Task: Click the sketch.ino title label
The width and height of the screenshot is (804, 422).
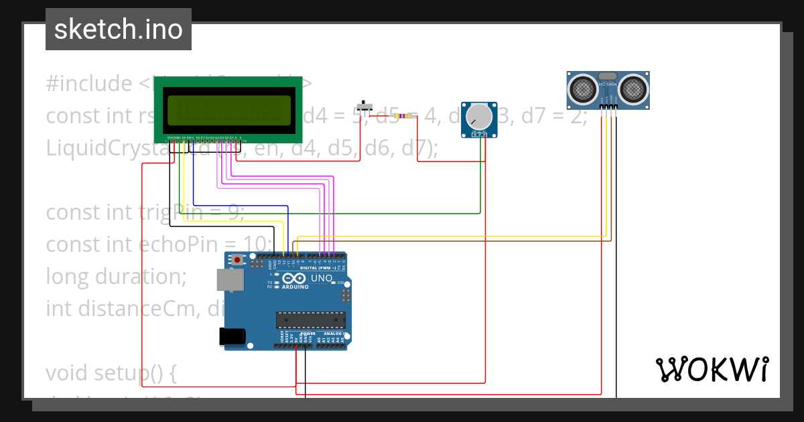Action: point(119,29)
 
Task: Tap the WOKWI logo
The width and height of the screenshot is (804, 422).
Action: point(712,369)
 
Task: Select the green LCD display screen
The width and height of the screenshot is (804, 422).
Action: point(229,111)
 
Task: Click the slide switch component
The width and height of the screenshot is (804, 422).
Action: point(364,106)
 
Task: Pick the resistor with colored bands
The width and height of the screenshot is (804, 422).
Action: point(403,117)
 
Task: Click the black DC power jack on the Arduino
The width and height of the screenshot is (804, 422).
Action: point(231,336)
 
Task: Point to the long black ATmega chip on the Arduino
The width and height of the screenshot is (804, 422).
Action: point(311,320)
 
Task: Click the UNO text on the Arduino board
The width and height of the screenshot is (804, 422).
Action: point(322,277)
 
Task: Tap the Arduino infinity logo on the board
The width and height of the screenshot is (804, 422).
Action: point(295,279)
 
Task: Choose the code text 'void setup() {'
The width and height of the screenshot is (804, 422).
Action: point(111,372)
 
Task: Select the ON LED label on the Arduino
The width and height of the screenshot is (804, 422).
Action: point(340,283)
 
